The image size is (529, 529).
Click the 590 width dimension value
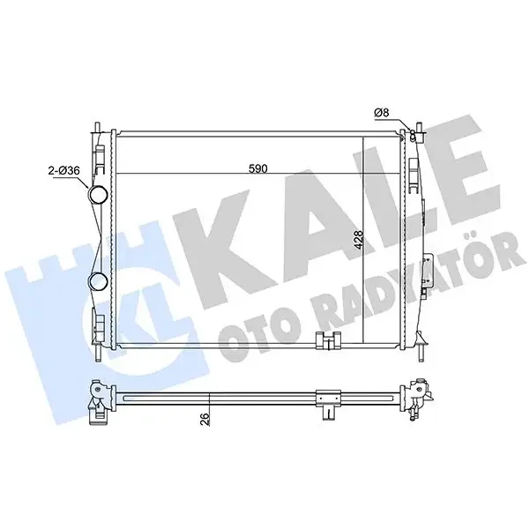(x=258, y=168)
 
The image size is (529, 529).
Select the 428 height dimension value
(x=360, y=240)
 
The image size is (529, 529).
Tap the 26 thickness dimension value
(x=205, y=418)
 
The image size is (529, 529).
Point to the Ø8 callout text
(x=382, y=113)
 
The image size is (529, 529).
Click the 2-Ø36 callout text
(x=64, y=171)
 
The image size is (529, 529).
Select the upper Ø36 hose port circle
(x=98, y=195)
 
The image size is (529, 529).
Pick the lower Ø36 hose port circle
(x=98, y=282)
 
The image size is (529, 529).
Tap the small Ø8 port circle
(x=412, y=137)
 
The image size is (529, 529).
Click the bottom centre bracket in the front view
(x=328, y=340)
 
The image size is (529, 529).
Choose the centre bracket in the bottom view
(x=328, y=404)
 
